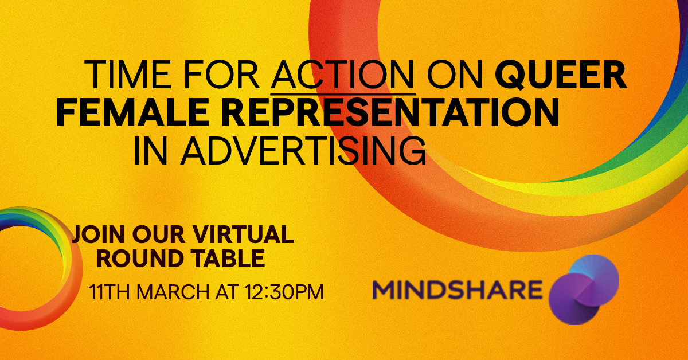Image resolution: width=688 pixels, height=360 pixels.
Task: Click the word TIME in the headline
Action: pyautogui.click(x=127, y=75)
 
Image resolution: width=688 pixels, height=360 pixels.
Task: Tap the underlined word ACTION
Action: pyautogui.click(x=343, y=75)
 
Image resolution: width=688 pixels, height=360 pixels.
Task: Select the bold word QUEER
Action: pyautogui.click(x=561, y=75)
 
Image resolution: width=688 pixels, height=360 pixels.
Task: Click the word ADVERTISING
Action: pyautogui.click(x=303, y=151)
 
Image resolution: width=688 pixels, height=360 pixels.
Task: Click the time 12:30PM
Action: pyautogui.click(x=284, y=292)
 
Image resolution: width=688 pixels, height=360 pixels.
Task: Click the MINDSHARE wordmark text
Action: pyautogui.click(x=458, y=289)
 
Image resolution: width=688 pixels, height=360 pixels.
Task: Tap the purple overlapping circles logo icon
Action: pyautogui.click(x=584, y=289)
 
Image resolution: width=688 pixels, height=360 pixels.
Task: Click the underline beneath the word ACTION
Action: pyautogui.click(x=343, y=93)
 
